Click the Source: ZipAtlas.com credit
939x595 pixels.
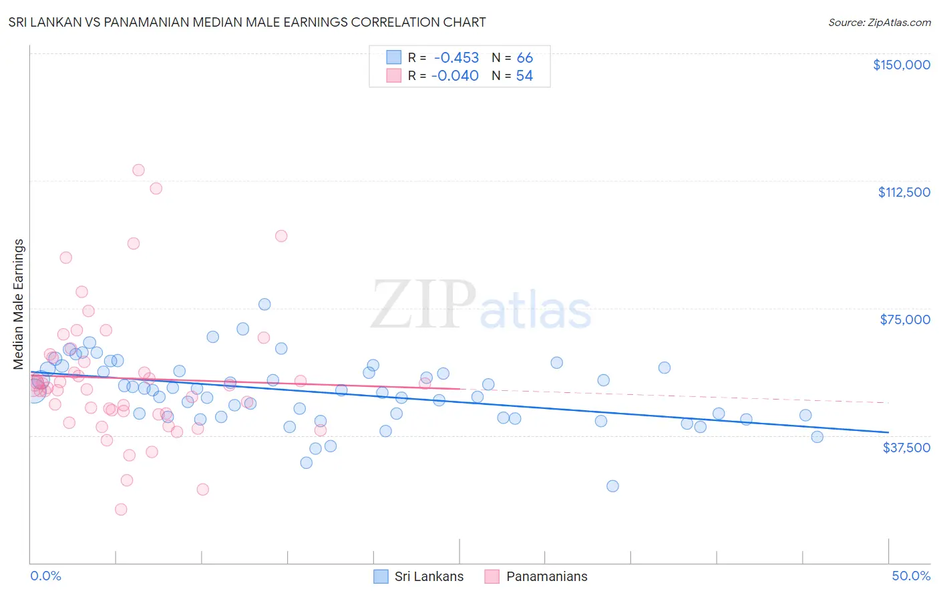879,23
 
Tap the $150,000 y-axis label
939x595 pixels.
901,65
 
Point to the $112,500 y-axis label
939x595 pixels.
904,192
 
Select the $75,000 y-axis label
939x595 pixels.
905,320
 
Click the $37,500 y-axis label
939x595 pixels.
906,448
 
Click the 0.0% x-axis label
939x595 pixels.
45,576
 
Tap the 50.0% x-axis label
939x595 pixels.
911,576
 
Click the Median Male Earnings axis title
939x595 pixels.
19,304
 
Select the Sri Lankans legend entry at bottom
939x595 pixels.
419,576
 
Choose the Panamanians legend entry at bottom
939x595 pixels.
537,576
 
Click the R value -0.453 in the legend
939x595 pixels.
456,58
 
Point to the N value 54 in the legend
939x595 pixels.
524,76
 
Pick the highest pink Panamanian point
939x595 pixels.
138,170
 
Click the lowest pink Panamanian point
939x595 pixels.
121,510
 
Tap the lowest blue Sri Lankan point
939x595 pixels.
612,486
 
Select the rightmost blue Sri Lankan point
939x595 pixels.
817,437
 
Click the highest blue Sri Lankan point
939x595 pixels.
264,304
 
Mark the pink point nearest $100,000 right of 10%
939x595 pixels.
281,236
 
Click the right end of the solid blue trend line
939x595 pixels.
888,432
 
